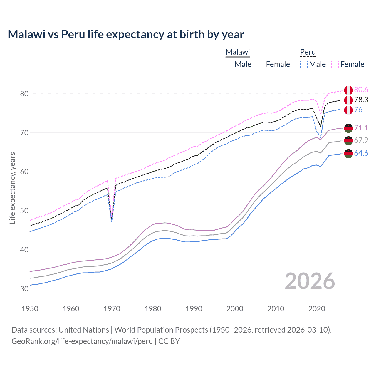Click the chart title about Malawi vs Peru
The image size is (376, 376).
126,34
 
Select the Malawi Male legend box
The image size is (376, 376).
229,64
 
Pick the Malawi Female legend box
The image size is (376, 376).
261,64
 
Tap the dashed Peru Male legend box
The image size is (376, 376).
304,64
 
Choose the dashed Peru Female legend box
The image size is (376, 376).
335,64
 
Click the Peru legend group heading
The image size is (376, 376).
308,52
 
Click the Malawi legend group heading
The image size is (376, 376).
237,52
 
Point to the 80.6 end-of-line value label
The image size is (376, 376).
361,90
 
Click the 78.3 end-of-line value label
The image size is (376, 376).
361,100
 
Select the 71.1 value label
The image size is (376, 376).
361,128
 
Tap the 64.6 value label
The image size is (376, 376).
361,153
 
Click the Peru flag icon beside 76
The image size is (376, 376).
348,110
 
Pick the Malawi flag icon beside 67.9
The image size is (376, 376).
348,141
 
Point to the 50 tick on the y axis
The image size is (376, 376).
24,211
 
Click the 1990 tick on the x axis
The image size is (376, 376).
194,309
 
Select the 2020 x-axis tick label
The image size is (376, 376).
317,309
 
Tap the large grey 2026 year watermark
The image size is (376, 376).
310,281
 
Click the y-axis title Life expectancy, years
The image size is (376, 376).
12,188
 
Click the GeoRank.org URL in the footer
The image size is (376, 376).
82,341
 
